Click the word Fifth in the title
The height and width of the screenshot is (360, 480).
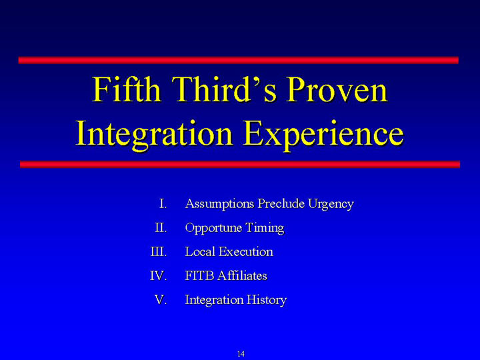[127, 89]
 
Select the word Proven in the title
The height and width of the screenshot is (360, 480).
[337, 90]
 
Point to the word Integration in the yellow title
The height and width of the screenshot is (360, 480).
[154, 134]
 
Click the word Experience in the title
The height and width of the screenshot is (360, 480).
[323, 134]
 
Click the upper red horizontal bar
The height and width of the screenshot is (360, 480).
[239, 60]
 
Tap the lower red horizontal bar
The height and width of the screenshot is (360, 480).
[240, 165]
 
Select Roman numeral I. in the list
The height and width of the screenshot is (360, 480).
[163, 203]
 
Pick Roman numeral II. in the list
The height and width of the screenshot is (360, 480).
[161, 228]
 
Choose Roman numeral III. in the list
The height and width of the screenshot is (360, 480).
[159, 251]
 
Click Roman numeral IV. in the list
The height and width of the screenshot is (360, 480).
[159, 276]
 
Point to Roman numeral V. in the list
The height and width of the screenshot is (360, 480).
[161, 300]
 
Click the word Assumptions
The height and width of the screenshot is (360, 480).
[219, 204]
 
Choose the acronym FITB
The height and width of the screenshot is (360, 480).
[199, 276]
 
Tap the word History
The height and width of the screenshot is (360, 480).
[267, 300]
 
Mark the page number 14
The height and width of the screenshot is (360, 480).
[241, 354]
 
